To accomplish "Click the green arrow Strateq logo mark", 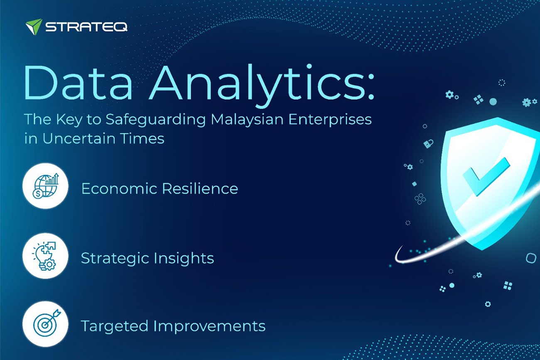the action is [x=34, y=27].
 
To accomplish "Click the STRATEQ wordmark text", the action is [x=86, y=27].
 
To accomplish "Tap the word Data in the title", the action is [x=78, y=82].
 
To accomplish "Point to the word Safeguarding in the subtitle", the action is [x=156, y=120].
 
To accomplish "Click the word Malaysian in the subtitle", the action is [x=247, y=119].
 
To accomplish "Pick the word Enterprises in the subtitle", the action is [x=330, y=120].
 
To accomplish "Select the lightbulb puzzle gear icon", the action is [x=45, y=256].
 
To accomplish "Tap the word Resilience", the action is [x=200, y=188].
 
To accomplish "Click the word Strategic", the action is [x=115, y=259].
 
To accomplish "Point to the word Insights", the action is [x=184, y=259].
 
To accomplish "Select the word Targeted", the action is [x=115, y=326].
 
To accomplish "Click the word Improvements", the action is [x=209, y=326].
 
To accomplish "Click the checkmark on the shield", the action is [x=486, y=176].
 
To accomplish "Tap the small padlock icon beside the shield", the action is [x=428, y=144].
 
